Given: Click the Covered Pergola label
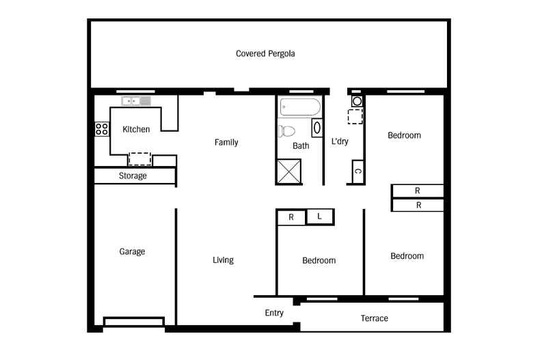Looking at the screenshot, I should (x=265, y=53).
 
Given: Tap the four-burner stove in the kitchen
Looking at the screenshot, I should (x=102, y=129).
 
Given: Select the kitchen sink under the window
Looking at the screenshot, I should (x=136, y=101).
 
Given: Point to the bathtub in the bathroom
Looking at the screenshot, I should (x=299, y=107).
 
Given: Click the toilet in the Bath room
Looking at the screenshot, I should (x=286, y=130).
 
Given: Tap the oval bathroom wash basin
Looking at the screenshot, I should (x=317, y=128).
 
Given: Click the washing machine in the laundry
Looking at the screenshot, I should (x=357, y=102).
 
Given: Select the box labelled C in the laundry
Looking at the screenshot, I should (x=357, y=171).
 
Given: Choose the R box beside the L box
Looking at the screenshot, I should (x=291, y=217).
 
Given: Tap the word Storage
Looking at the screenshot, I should (x=133, y=176).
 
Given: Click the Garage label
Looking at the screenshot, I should (x=132, y=251).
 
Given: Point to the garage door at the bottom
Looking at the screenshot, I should (x=134, y=321).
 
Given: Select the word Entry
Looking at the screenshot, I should (x=274, y=313).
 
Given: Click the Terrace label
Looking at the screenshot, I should (x=374, y=318).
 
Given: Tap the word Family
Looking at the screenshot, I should (x=226, y=143).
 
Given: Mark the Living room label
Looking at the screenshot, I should (x=223, y=260).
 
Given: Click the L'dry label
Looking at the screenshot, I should (x=340, y=142).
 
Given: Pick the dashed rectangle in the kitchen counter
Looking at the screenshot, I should (x=140, y=158).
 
